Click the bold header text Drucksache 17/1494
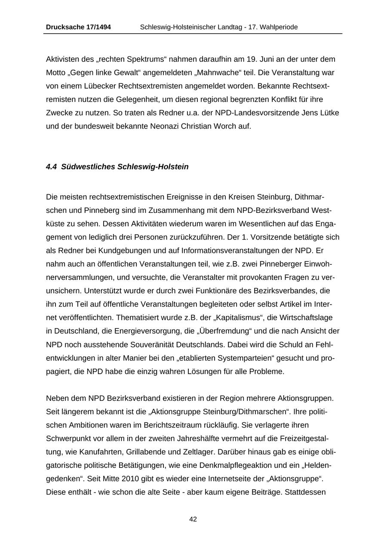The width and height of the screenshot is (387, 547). (x=78, y=27)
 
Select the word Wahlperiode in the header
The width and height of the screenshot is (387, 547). (x=278, y=27)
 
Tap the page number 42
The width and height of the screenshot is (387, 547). (x=193, y=519)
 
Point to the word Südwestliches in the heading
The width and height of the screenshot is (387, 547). (x=88, y=167)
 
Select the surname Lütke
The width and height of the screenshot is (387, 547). (x=329, y=113)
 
